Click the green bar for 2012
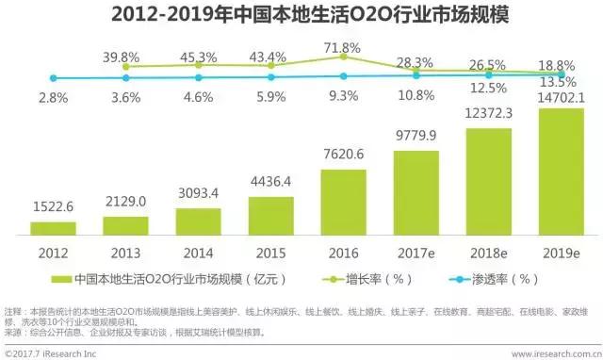click(x=53, y=227)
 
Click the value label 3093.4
click(x=198, y=193)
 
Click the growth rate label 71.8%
click(x=344, y=47)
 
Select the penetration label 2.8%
click(x=52, y=97)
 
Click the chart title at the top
click(x=301, y=15)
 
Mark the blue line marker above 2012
click(x=53, y=78)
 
